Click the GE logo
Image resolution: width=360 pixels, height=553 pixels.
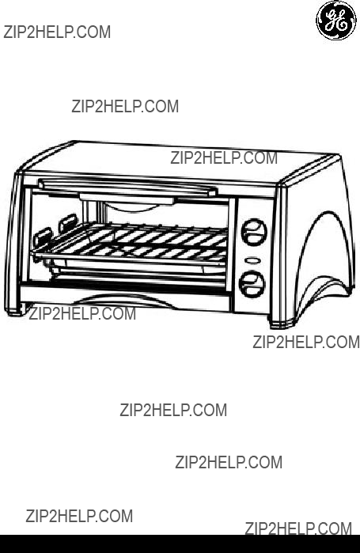pos(336,20)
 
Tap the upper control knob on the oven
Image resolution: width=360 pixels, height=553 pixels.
pos(253,231)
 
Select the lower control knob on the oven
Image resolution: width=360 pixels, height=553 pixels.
pos(252,284)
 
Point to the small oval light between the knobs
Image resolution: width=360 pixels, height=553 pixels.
pos(253,260)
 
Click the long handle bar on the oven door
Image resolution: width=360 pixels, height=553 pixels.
pos(127,187)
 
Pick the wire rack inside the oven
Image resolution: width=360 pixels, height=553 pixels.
pos(131,243)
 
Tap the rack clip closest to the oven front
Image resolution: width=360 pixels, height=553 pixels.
pos(43,237)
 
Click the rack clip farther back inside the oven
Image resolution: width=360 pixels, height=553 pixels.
pos(68,222)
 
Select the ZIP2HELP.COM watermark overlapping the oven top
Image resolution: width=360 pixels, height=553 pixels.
pos(224,158)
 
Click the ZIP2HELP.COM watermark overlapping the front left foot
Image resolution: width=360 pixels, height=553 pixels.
pos(82,313)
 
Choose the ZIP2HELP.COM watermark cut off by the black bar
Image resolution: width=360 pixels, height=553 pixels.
pos(298,528)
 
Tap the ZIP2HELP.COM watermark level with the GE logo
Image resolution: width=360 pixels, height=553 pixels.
pos(57,32)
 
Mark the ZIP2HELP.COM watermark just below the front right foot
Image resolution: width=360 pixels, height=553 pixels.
pos(306,343)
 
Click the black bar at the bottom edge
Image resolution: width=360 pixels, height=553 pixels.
pos(180,544)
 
